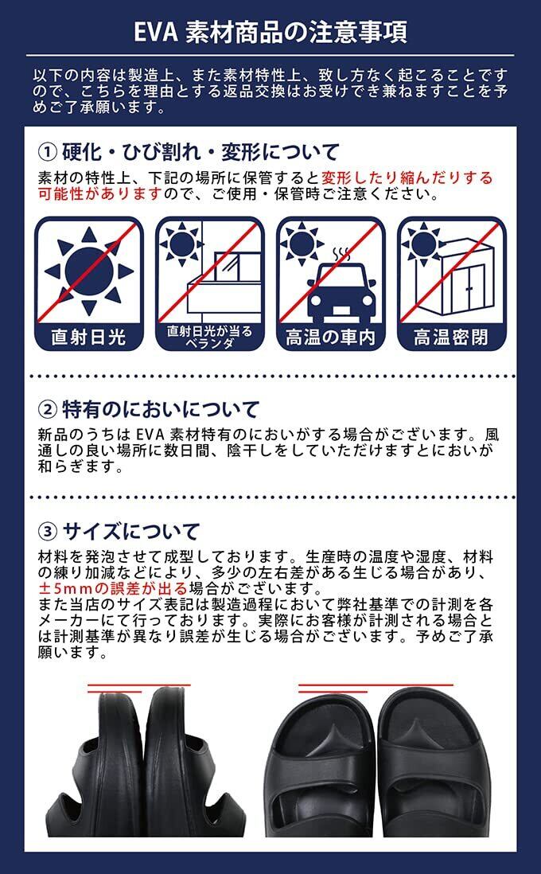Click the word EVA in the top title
[156, 32]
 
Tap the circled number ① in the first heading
[48, 151]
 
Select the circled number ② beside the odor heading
[48, 410]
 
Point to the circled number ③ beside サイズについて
[48, 531]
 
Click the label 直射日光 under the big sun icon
[88, 338]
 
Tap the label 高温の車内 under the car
[330, 338]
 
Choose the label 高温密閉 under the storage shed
[451, 338]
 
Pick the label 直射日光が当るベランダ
[209, 338]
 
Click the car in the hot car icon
[341, 291]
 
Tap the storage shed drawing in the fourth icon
[454, 276]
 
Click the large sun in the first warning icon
[89, 271]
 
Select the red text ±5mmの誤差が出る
[113, 588]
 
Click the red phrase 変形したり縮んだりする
[407, 178]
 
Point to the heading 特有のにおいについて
[161, 410]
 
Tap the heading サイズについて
[131, 531]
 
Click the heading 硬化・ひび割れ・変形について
[200, 151]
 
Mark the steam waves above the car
[341, 254]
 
